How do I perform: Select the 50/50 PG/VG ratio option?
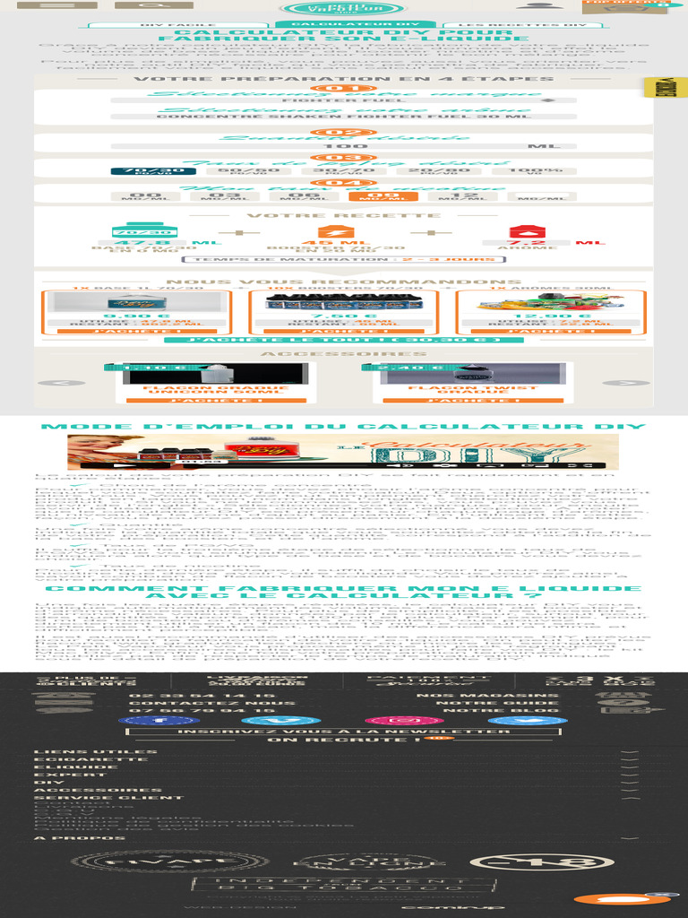coord(243,170)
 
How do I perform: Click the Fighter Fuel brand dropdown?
coord(343,100)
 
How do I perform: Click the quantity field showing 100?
coord(343,145)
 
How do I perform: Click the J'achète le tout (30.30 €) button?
coord(344,340)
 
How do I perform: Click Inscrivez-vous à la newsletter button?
coord(344,732)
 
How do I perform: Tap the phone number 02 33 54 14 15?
coord(202,696)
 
